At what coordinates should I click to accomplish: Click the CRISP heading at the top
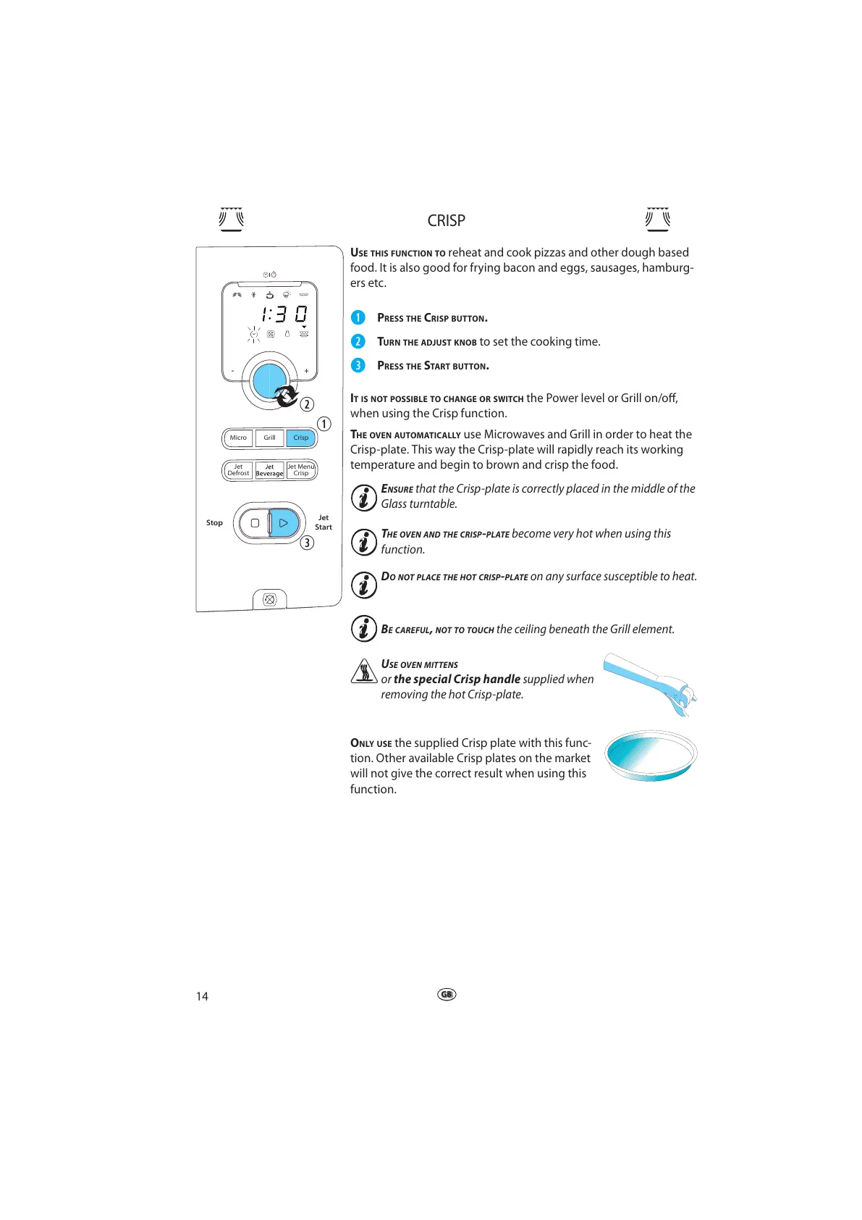click(x=446, y=221)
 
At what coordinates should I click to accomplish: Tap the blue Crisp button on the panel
click(x=301, y=438)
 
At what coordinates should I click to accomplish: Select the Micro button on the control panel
click(x=238, y=438)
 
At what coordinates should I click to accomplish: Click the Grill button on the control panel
click(x=269, y=438)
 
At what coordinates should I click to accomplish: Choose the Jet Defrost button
click(x=238, y=470)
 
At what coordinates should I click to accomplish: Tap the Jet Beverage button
click(x=269, y=470)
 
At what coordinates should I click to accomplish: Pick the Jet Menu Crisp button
click(x=301, y=470)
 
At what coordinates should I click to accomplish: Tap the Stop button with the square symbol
click(x=254, y=522)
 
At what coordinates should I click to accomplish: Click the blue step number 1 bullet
click(x=358, y=317)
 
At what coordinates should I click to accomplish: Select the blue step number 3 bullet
click(x=358, y=365)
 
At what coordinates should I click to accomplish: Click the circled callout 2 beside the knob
click(x=307, y=404)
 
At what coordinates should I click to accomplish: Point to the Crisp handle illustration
click(x=649, y=682)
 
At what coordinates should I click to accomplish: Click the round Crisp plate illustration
click(x=650, y=755)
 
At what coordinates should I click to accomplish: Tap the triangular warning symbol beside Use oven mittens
click(x=363, y=672)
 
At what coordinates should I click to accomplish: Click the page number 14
click(x=202, y=996)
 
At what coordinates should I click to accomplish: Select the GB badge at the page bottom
click(x=447, y=995)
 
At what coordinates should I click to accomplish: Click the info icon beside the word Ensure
click(x=363, y=498)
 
